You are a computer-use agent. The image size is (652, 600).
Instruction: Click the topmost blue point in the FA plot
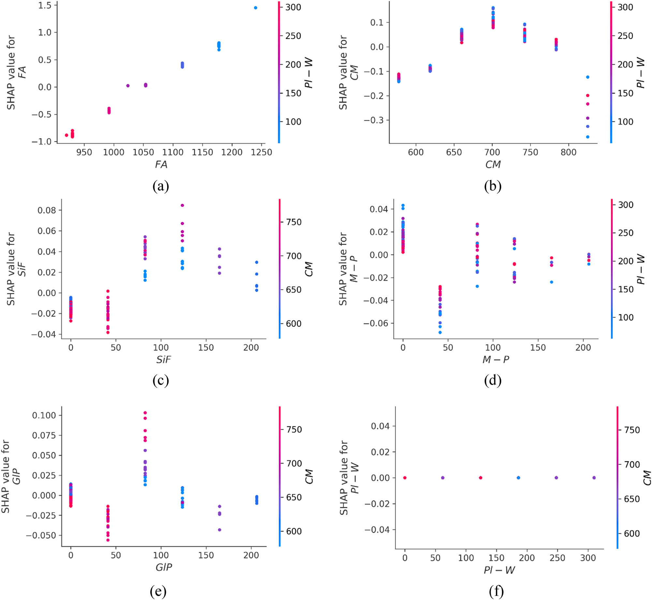(x=256, y=8)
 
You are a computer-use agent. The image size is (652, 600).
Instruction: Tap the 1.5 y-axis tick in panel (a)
(x=45, y=5)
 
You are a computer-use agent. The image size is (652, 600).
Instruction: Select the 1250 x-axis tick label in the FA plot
(x=261, y=152)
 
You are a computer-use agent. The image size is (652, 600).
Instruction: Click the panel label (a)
(x=161, y=186)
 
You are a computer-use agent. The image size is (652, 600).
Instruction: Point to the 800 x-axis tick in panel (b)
(x=569, y=152)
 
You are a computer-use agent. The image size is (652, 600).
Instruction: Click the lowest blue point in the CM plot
(x=588, y=137)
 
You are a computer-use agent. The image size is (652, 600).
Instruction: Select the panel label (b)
(x=493, y=186)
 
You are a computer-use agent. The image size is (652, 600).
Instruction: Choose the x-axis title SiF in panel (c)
(x=163, y=360)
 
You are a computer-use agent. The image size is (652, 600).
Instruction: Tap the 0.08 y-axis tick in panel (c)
(x=47, y=210)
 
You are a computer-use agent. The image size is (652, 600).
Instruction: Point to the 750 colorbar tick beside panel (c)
(x=294, y=222)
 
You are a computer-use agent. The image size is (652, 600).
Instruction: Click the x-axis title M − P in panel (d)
(x=496, y=360)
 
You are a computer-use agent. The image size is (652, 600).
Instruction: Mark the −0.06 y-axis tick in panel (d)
(x=379, y=323)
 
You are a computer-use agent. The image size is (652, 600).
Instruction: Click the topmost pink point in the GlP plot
(x=145, y=413)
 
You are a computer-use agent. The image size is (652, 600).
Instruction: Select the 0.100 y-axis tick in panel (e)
(x=44, y=415)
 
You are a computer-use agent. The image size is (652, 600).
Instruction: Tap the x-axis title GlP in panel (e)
(x=163, y=567)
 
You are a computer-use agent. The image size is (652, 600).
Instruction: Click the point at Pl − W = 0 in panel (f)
(x=405, y=478)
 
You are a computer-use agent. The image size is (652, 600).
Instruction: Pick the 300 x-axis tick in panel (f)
(x=588, y=558)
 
